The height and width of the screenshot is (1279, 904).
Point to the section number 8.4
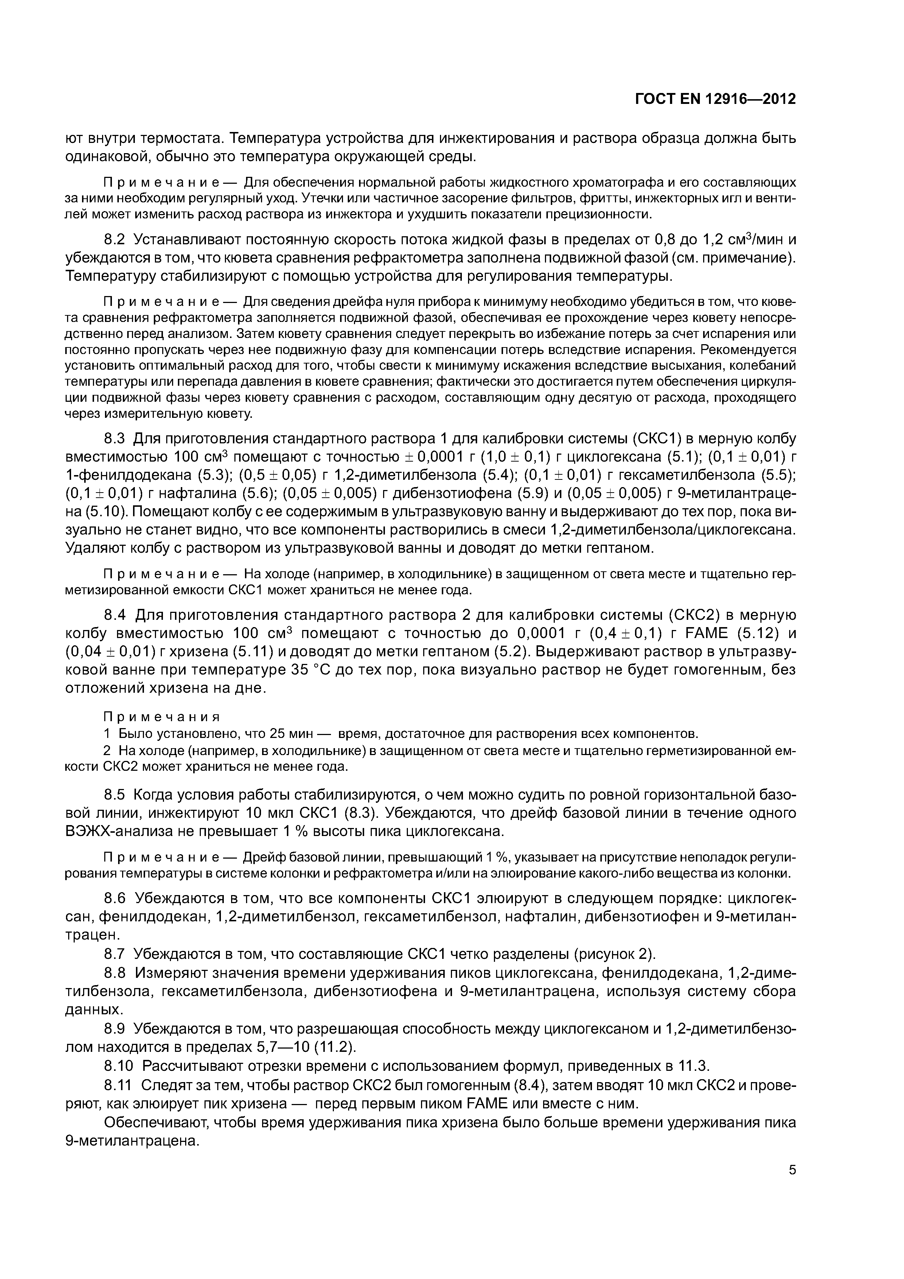coord(116,615)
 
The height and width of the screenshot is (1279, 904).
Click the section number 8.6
coord(116,898)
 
